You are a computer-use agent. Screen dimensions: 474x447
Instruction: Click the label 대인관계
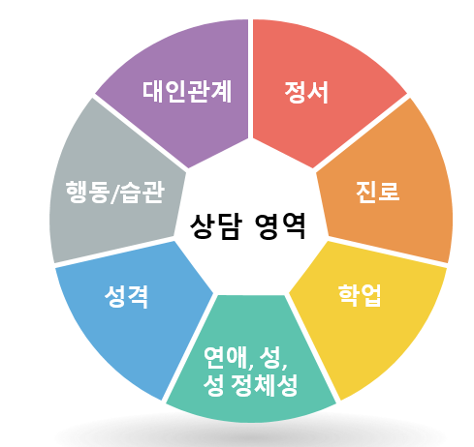[x=187, y=92]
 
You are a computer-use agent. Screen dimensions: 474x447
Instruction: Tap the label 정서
[x=306, y=93]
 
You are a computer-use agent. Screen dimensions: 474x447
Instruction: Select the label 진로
[x=377, y=192]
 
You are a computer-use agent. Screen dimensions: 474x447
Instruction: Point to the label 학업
[x=360, y=295]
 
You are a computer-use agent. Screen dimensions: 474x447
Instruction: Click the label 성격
[x=126, y=296]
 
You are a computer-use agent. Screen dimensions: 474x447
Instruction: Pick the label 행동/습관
[x=115, y=193]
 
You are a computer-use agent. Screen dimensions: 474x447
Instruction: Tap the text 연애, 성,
[x=245, y=358]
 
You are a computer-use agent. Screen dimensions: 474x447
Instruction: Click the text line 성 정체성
[x=250, y=385]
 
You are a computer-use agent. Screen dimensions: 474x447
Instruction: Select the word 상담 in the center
[x=216, y=226]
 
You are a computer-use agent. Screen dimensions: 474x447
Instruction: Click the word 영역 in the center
[x=280, y=226]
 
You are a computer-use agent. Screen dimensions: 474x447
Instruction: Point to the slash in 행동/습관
[x=114, y=194]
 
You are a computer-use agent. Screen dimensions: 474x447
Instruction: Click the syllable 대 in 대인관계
[x=153, y=92]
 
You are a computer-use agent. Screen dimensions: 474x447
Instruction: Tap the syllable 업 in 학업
[x=371, y=295]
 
